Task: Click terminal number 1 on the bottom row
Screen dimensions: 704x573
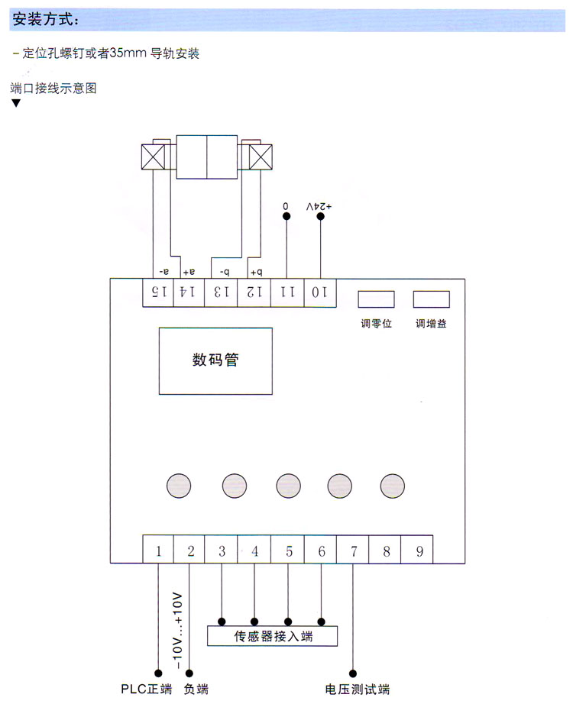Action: (159, 550)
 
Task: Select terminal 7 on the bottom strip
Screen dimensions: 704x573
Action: (354, 550)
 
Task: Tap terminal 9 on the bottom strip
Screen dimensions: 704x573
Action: (419, 550)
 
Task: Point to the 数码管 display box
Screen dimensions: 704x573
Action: (215, 360)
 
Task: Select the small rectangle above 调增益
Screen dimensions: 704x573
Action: (431, 299)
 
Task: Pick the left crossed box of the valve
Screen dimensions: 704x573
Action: (155, 158)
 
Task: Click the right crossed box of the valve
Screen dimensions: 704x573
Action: (261, 158)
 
